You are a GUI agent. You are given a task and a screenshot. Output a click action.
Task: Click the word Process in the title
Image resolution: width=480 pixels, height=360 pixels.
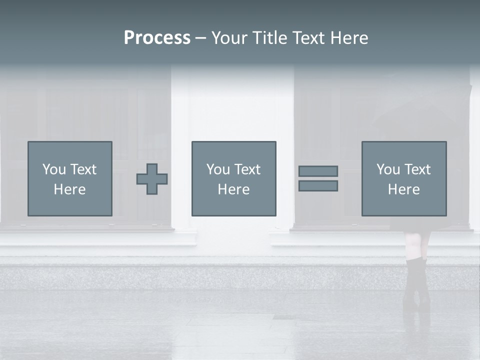(157, 38)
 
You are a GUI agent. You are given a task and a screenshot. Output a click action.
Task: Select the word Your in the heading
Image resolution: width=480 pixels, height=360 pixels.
(229, 38)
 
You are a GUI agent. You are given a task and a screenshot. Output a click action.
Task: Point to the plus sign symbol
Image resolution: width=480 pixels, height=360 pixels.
(152, 179)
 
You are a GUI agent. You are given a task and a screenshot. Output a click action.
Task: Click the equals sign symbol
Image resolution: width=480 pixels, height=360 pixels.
(318, 178)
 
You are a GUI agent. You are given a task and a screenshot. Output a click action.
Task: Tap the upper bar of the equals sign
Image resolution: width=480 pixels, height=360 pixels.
(318, 171)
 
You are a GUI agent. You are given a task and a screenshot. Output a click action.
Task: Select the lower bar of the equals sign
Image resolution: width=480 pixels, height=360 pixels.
(318, 186)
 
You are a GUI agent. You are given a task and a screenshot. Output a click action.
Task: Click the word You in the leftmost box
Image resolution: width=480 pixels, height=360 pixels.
(54, 169)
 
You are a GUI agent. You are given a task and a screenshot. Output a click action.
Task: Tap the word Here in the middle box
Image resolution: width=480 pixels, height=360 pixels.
(234, 189)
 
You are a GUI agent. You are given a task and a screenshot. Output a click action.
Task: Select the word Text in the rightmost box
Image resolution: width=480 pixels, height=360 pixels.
(418, 169)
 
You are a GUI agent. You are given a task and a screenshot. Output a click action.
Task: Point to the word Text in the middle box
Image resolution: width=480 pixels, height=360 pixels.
(248, 169)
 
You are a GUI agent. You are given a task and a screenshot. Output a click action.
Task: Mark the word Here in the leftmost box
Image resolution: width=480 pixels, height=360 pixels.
(70, 189)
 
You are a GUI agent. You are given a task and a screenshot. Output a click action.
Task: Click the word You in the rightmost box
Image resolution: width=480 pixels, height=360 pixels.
(388, 169)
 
